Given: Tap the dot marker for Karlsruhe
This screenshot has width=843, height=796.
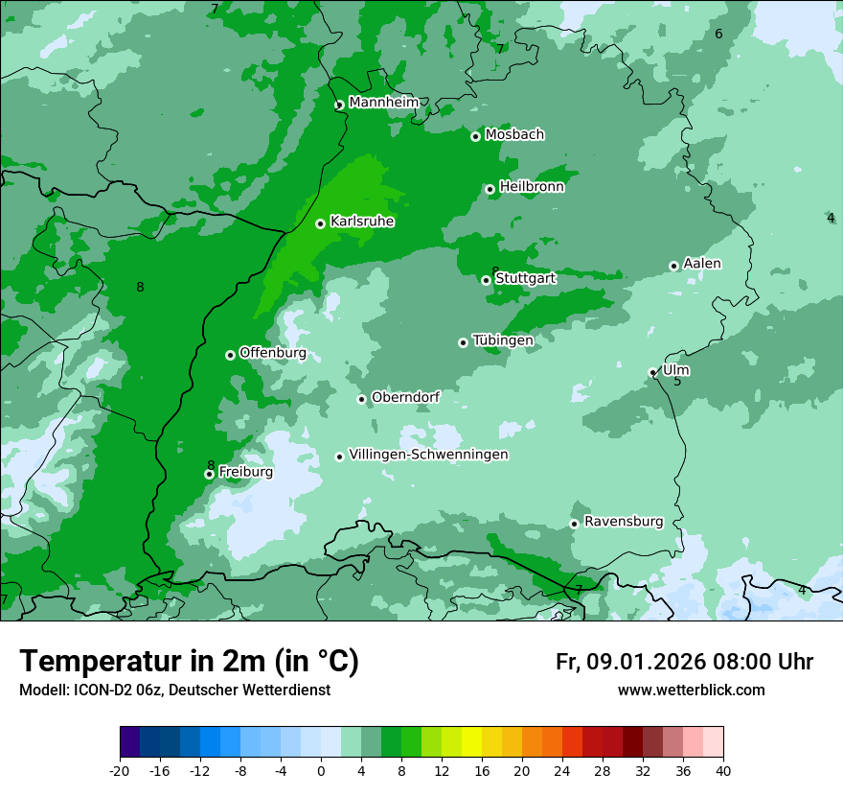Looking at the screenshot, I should (x=320, y=223).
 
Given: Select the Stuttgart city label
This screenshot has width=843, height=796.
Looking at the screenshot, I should (x=525, y=278).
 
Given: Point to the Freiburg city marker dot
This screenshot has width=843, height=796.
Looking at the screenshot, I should (x=209, y=474).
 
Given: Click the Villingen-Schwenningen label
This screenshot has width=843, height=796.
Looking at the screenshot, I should (x=428, y=455).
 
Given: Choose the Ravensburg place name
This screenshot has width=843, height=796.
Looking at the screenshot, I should (x=623, y=522).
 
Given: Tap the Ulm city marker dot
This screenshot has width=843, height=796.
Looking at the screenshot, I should (x=653, y=372).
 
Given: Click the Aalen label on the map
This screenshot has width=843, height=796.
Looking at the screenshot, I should (x=702, y=264).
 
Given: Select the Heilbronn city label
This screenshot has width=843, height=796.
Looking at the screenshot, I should (x=532, y=187).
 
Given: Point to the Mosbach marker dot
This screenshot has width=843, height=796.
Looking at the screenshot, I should (x=475, y=136).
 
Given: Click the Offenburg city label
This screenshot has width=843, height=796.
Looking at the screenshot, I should (x=272, y=353).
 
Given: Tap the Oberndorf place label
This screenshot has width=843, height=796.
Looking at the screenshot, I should (x=405, y=397).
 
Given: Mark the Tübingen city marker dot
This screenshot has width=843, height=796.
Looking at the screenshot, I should (x=463, y=342).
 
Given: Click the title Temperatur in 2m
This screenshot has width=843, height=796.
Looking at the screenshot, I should (x=189, y=661).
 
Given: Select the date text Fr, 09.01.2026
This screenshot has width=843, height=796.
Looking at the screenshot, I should (x=630, y=662).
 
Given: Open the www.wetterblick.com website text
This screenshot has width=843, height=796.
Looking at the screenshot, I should (x=691, y=691).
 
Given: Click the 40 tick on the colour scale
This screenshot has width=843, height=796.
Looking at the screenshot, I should (x=723, y=770).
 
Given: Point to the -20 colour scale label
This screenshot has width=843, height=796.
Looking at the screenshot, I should (x=120, y=770).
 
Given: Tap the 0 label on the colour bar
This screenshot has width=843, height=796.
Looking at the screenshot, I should (x=321, y=770).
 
